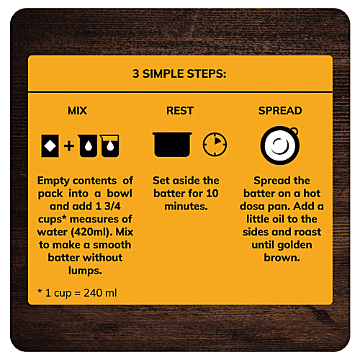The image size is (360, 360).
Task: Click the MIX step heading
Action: (x=77, y=111)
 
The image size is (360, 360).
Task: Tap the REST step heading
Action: (x=180, y=111)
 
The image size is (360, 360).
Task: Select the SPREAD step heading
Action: (x=280, y=111)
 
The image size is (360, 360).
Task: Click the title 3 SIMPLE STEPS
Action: (x=179, y=73)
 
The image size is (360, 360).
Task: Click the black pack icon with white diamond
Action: (x=50, y=146)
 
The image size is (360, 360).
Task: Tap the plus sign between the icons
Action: (x=69, y=146)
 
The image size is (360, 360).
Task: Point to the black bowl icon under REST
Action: (x=172, y=144)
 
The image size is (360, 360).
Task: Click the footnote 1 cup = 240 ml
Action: (x=77, y=293)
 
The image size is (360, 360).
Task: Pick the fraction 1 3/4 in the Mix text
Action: (x=108, y=206)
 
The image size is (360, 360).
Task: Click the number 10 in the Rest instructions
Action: (x=212, y=194)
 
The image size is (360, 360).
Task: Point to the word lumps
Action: (x=85, y=271)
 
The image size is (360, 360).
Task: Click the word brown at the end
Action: (x=282, y=258)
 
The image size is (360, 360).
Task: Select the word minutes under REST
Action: (x=186, y=206)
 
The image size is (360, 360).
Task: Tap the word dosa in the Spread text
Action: (x=252, y=206)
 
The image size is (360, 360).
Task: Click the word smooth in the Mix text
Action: (x=112, y=245)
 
